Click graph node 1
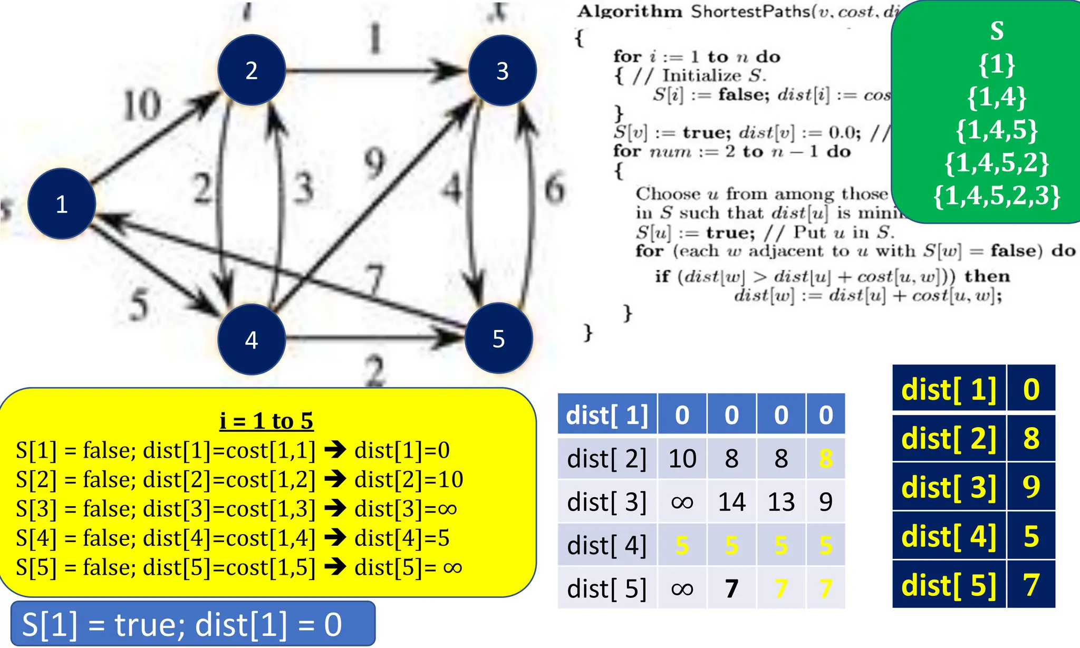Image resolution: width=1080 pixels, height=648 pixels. (61, 204)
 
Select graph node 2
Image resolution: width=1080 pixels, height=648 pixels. (252, 70)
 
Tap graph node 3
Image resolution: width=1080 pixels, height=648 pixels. (502, 71)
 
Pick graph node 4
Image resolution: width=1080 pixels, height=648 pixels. (252, 340)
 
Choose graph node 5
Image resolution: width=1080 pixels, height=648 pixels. (498, 338)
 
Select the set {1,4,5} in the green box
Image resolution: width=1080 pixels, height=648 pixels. (997, 130)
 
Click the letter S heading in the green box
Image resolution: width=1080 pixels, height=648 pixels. (997, 31)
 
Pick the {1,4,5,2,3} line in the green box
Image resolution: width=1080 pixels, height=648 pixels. (997, 196)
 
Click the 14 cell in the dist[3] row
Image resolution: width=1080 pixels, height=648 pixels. (731, 502)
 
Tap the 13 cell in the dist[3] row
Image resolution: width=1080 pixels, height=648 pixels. (781, 502)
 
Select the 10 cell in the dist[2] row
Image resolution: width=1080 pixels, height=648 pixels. (682, 459)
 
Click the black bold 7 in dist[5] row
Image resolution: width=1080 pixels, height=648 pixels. (731, 588)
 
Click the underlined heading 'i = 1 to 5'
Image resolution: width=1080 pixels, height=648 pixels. (266, 421)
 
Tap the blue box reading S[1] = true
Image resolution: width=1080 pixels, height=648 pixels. (193, 624)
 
